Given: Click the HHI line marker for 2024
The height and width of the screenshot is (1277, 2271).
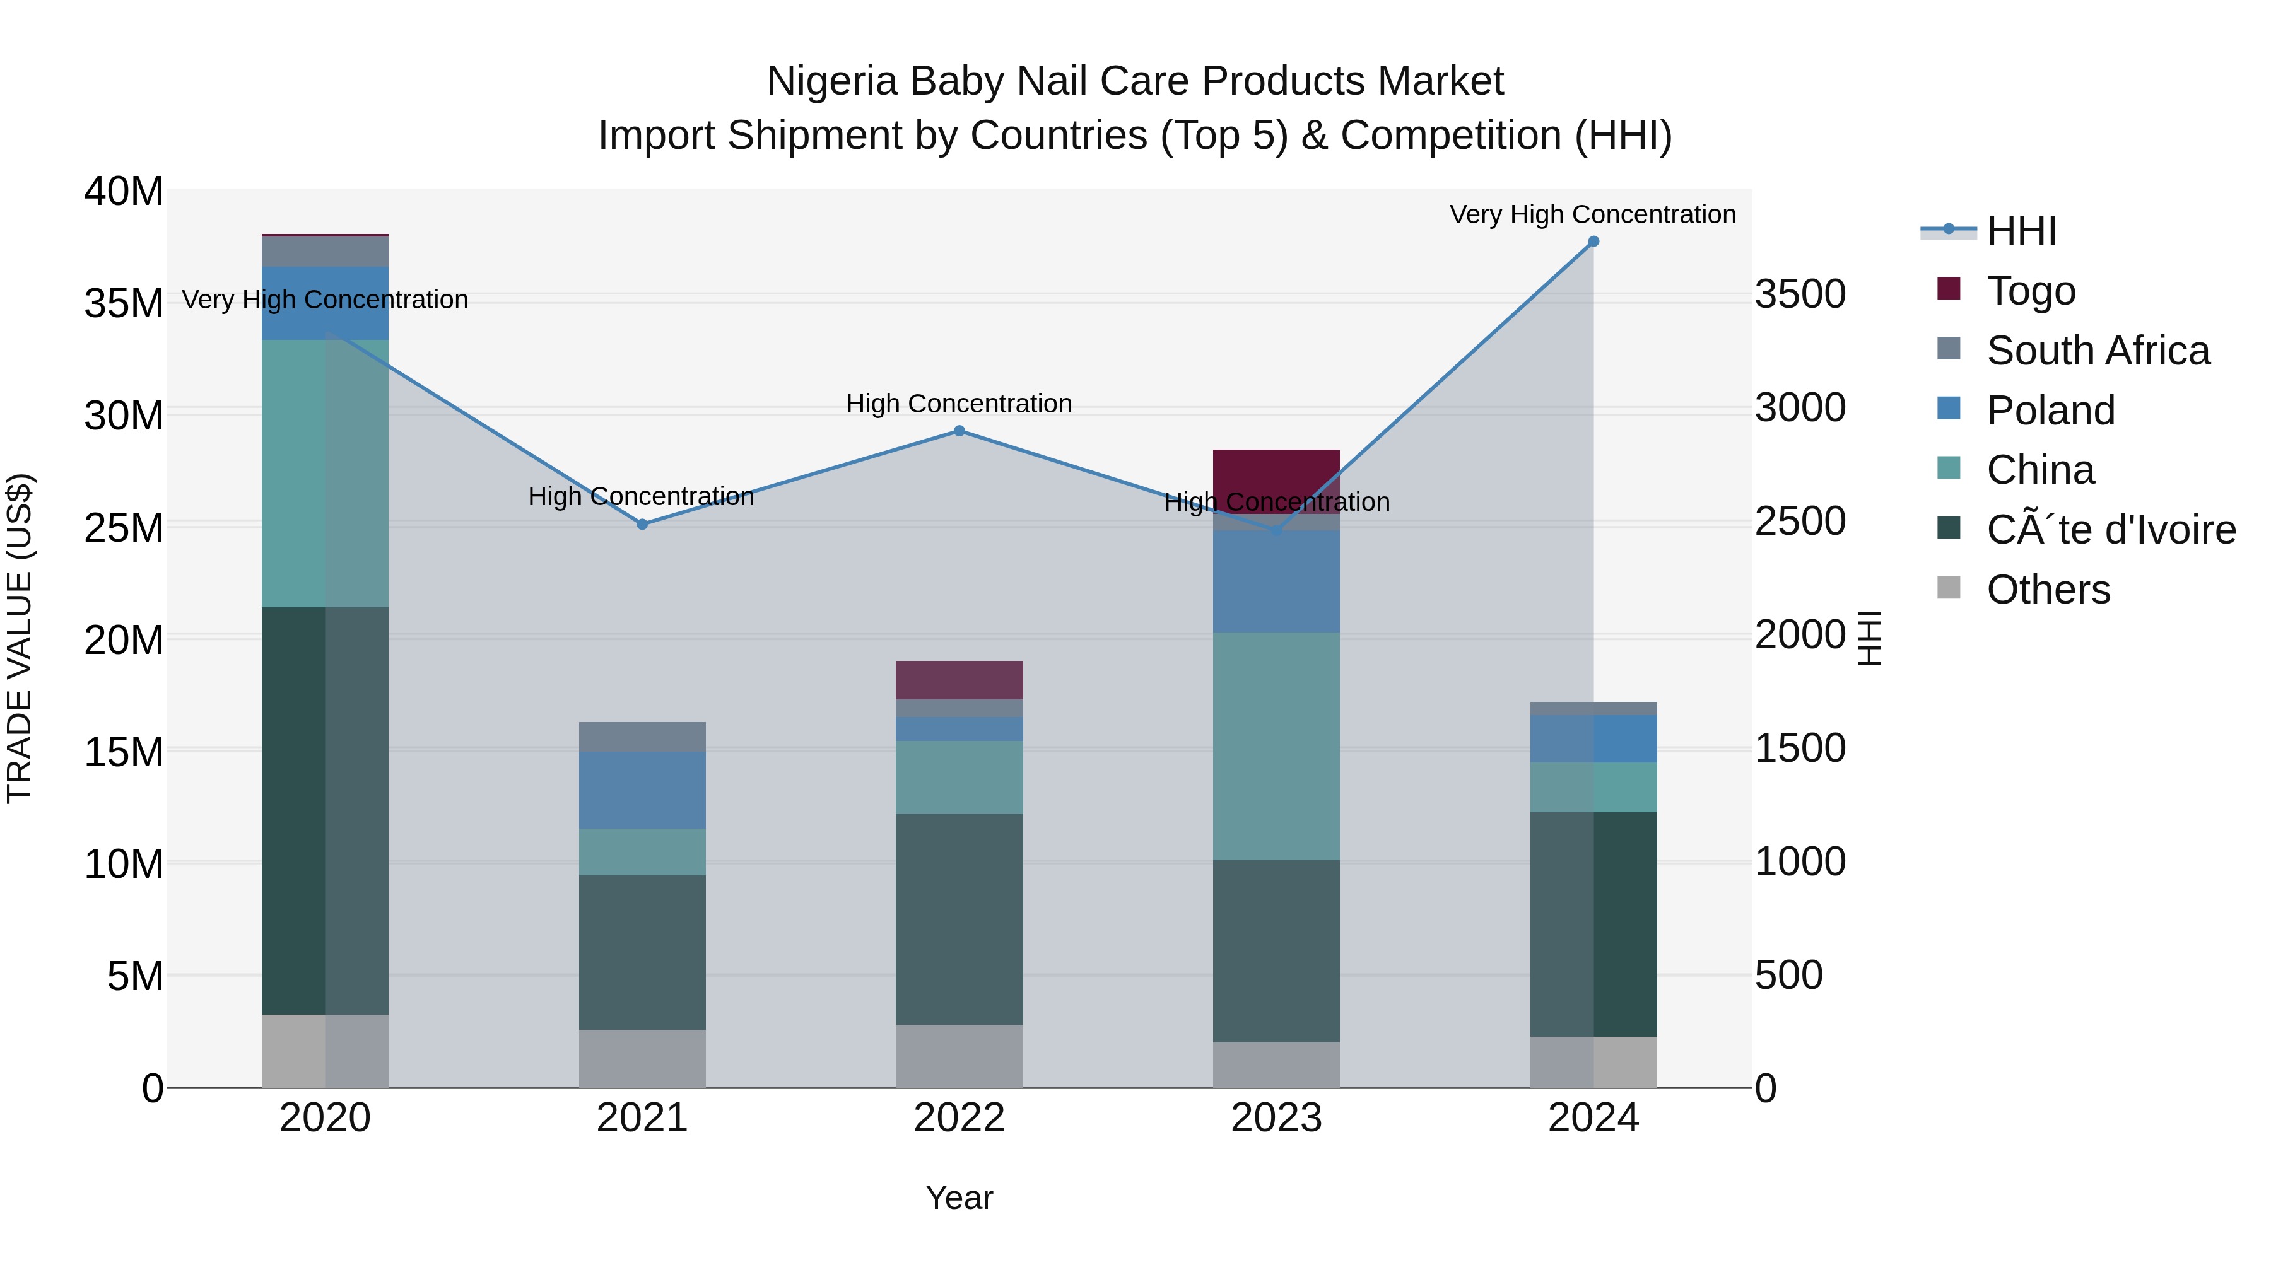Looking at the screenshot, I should [x=1593, y=242].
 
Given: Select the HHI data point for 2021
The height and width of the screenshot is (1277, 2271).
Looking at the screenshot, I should [x=642, y=525].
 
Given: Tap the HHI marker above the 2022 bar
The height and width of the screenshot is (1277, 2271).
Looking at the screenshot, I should [x=959, y=431].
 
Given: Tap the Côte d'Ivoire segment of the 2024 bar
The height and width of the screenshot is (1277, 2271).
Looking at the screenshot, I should [x=1593, y=924].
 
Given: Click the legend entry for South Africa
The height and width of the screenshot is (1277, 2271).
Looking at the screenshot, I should [x=2098, y=351].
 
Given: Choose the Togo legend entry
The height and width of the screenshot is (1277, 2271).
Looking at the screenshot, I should [x=2030, y=291].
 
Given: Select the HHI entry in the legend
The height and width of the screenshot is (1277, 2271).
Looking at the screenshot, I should [x=2021, y=231].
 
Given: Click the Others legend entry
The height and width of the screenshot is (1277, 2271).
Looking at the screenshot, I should [x=2048, y=590].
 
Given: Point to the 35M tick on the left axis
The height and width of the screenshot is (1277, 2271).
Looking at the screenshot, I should [x=124, y=304].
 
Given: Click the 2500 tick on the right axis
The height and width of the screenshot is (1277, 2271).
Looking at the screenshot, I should [x=1799, y=521].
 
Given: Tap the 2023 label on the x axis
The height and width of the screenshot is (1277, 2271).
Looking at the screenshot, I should [x=1276, y=1118].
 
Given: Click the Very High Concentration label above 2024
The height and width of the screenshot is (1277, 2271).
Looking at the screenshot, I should [x=1592, y=214].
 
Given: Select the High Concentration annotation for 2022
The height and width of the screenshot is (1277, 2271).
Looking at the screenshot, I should [x=958, y=404].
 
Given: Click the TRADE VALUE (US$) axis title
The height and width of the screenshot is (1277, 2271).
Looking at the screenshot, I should [x=20, y=638].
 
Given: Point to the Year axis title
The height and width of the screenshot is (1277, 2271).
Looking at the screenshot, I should [x=958, y=1198].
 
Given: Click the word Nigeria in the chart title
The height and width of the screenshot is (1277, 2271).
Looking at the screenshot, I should [x=832, y=81].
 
